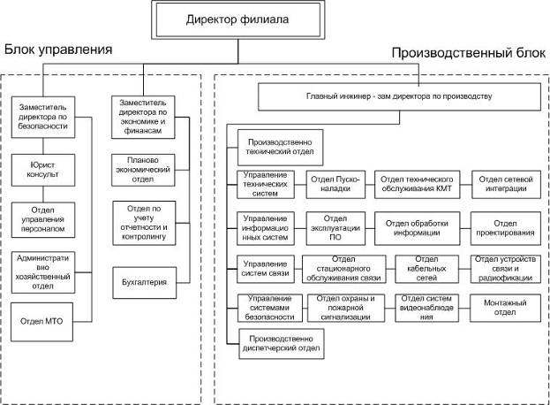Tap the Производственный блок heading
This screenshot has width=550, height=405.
pos(467,55)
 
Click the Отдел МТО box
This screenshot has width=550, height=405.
pos(42,318)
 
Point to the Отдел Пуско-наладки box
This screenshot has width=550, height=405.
pos(334,184)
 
